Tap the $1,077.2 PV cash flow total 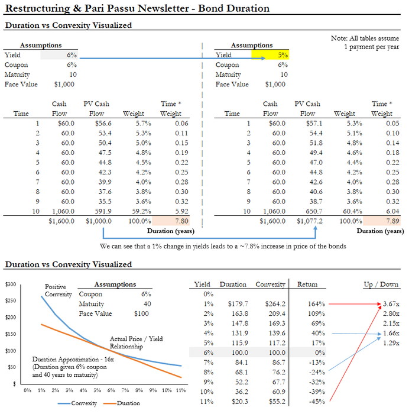(x=308, y=221)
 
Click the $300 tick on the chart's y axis (x=11, y=284)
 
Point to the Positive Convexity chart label (x=59, y=290)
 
